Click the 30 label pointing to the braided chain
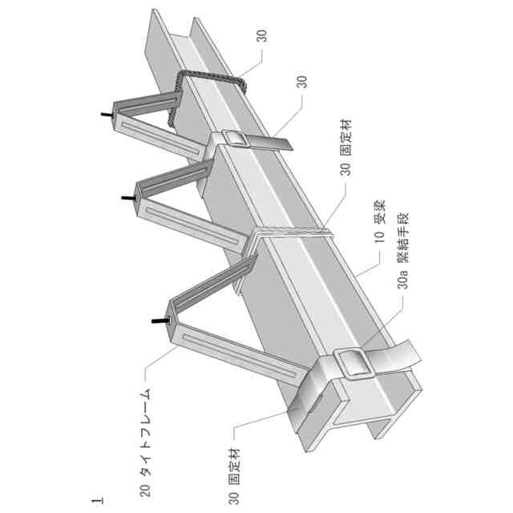(261, 36)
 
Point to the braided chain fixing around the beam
(204, 92)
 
